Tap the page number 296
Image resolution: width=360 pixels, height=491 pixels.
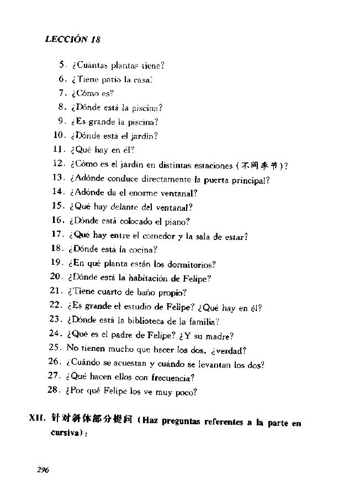(43, 470)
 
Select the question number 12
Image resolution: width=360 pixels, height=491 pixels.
(59, 164)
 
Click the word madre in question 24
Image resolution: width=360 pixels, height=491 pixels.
(220, 335)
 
